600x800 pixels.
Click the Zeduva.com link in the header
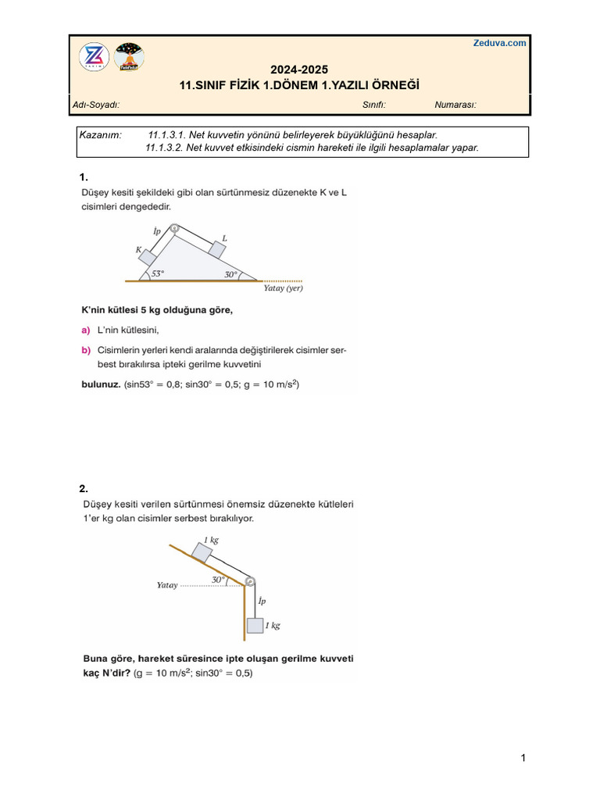(499, 43)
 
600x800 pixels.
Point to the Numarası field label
(455, 105)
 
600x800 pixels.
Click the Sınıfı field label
(374, 105)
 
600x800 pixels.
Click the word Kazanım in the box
(101, 135)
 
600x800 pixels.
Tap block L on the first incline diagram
(216, 249)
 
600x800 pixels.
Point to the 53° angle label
(159, 274)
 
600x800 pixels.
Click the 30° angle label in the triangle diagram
(230, 274)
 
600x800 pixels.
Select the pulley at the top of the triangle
(175, 229)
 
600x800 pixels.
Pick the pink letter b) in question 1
(86, 351)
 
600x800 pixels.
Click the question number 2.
(84, 489)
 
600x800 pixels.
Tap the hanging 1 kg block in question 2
(254, 625)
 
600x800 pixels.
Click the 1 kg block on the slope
(202, 552)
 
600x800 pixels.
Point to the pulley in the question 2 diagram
(248, 581)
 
